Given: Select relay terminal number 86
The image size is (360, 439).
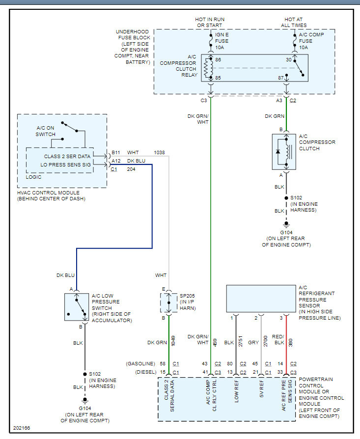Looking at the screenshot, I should [218, 59].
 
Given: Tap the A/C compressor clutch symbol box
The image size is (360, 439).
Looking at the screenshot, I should [284, 152].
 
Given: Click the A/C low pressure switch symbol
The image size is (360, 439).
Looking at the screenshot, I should [77, 307].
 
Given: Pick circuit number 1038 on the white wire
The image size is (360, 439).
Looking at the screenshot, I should [160, 153].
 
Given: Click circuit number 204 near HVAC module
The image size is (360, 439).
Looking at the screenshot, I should [131, 169].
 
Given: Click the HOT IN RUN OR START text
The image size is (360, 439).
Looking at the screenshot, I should [211, 22].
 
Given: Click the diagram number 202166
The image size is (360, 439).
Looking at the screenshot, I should [22, 428].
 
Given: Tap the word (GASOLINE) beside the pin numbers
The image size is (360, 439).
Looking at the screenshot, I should [141, 364].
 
